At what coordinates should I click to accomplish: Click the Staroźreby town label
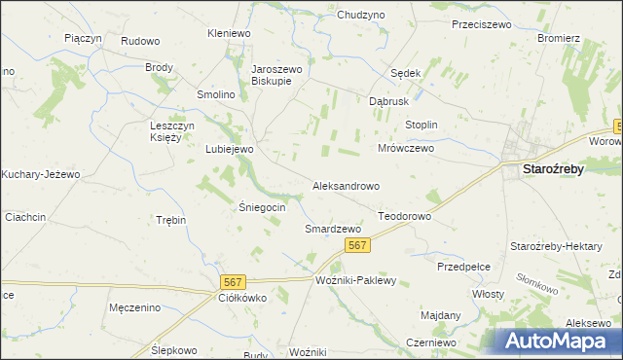click(553, 168)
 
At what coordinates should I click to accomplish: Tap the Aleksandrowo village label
click(346, 185)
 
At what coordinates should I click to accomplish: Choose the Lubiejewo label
click(230, 149)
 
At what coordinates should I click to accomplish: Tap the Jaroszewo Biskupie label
click(278, 76)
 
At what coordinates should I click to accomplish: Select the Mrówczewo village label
click(405, 149)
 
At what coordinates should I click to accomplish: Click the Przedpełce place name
click(463, 266)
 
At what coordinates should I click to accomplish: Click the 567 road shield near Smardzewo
click(357, 246)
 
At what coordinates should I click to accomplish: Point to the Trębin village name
click(170, 220)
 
